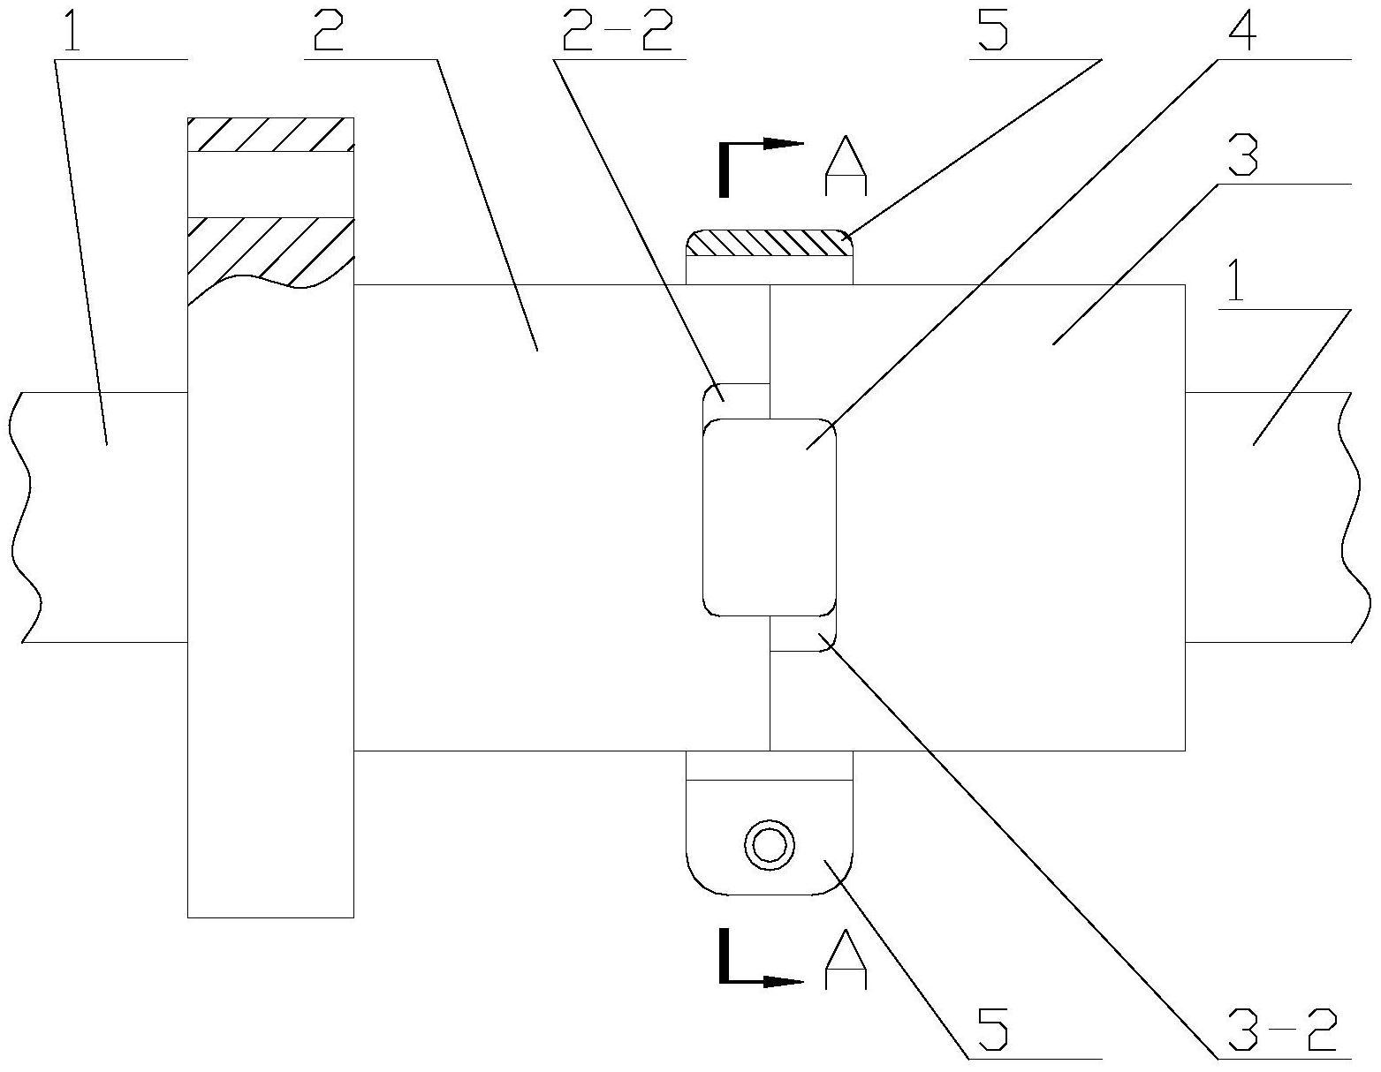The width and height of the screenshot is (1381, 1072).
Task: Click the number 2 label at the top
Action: coord(330,30)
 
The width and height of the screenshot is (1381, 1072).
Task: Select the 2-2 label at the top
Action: coord(618,30)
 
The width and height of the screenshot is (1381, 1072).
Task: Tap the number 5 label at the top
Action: coord(993,30)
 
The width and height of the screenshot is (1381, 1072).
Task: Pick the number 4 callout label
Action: coord(1241,30)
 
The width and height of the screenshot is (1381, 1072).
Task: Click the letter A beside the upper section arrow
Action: coord(846,165)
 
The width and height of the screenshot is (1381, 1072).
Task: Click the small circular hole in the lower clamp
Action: coord(770,845)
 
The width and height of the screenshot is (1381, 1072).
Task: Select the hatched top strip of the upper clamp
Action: coord(770,243)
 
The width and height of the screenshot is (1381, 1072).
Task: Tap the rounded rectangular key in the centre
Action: coord(770,517)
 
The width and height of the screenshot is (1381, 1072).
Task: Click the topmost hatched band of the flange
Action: coord(270,134)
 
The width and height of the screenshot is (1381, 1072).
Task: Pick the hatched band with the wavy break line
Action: coord(270,257)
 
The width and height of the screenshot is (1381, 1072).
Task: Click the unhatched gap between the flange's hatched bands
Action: coord(270,185)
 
